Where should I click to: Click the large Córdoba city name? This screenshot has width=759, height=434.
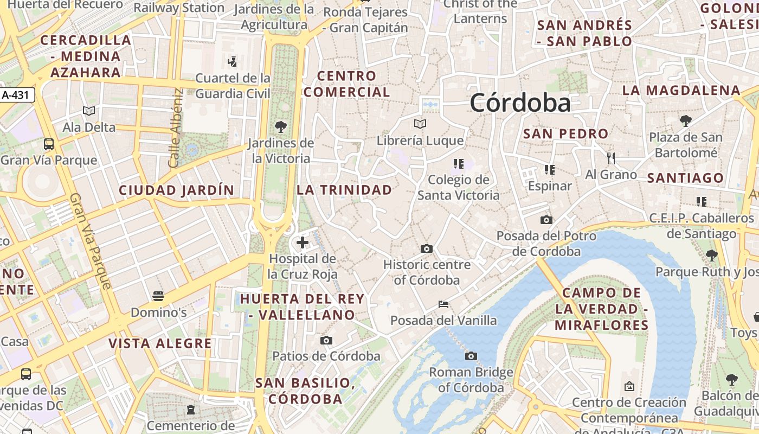point(520,103)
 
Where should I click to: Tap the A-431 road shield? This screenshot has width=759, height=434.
point(17,95)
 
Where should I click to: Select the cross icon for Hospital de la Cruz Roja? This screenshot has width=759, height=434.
point(303,242)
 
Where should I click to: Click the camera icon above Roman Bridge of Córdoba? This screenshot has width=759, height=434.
point(471,356)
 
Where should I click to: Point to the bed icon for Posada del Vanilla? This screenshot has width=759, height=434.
point(443,304)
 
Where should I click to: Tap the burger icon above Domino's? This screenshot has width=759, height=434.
point(158,296)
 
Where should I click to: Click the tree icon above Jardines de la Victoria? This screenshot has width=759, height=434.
point(281,127)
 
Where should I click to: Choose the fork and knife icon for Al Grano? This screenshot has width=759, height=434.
point(611,158)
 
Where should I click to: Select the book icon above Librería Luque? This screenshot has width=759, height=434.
point(420,124)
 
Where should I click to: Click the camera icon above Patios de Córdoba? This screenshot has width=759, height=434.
point(326,340)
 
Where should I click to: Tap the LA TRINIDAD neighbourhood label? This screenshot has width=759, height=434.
point(344,190)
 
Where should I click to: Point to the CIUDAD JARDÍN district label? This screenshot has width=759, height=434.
point(176,190)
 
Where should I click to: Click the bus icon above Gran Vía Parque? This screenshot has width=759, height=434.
point(49,144)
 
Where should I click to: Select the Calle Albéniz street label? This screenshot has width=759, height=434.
point(176,127)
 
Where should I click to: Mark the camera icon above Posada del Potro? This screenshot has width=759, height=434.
point(546,220)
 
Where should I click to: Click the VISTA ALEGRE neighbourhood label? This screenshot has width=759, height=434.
point(160,343)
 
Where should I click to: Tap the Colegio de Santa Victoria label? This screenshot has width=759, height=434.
point(459,187)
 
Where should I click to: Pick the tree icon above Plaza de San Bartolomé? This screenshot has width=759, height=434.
point(686,120)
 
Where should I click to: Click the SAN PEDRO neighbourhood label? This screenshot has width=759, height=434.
point(565,133)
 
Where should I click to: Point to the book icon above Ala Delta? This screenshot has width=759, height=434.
point(89,111)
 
